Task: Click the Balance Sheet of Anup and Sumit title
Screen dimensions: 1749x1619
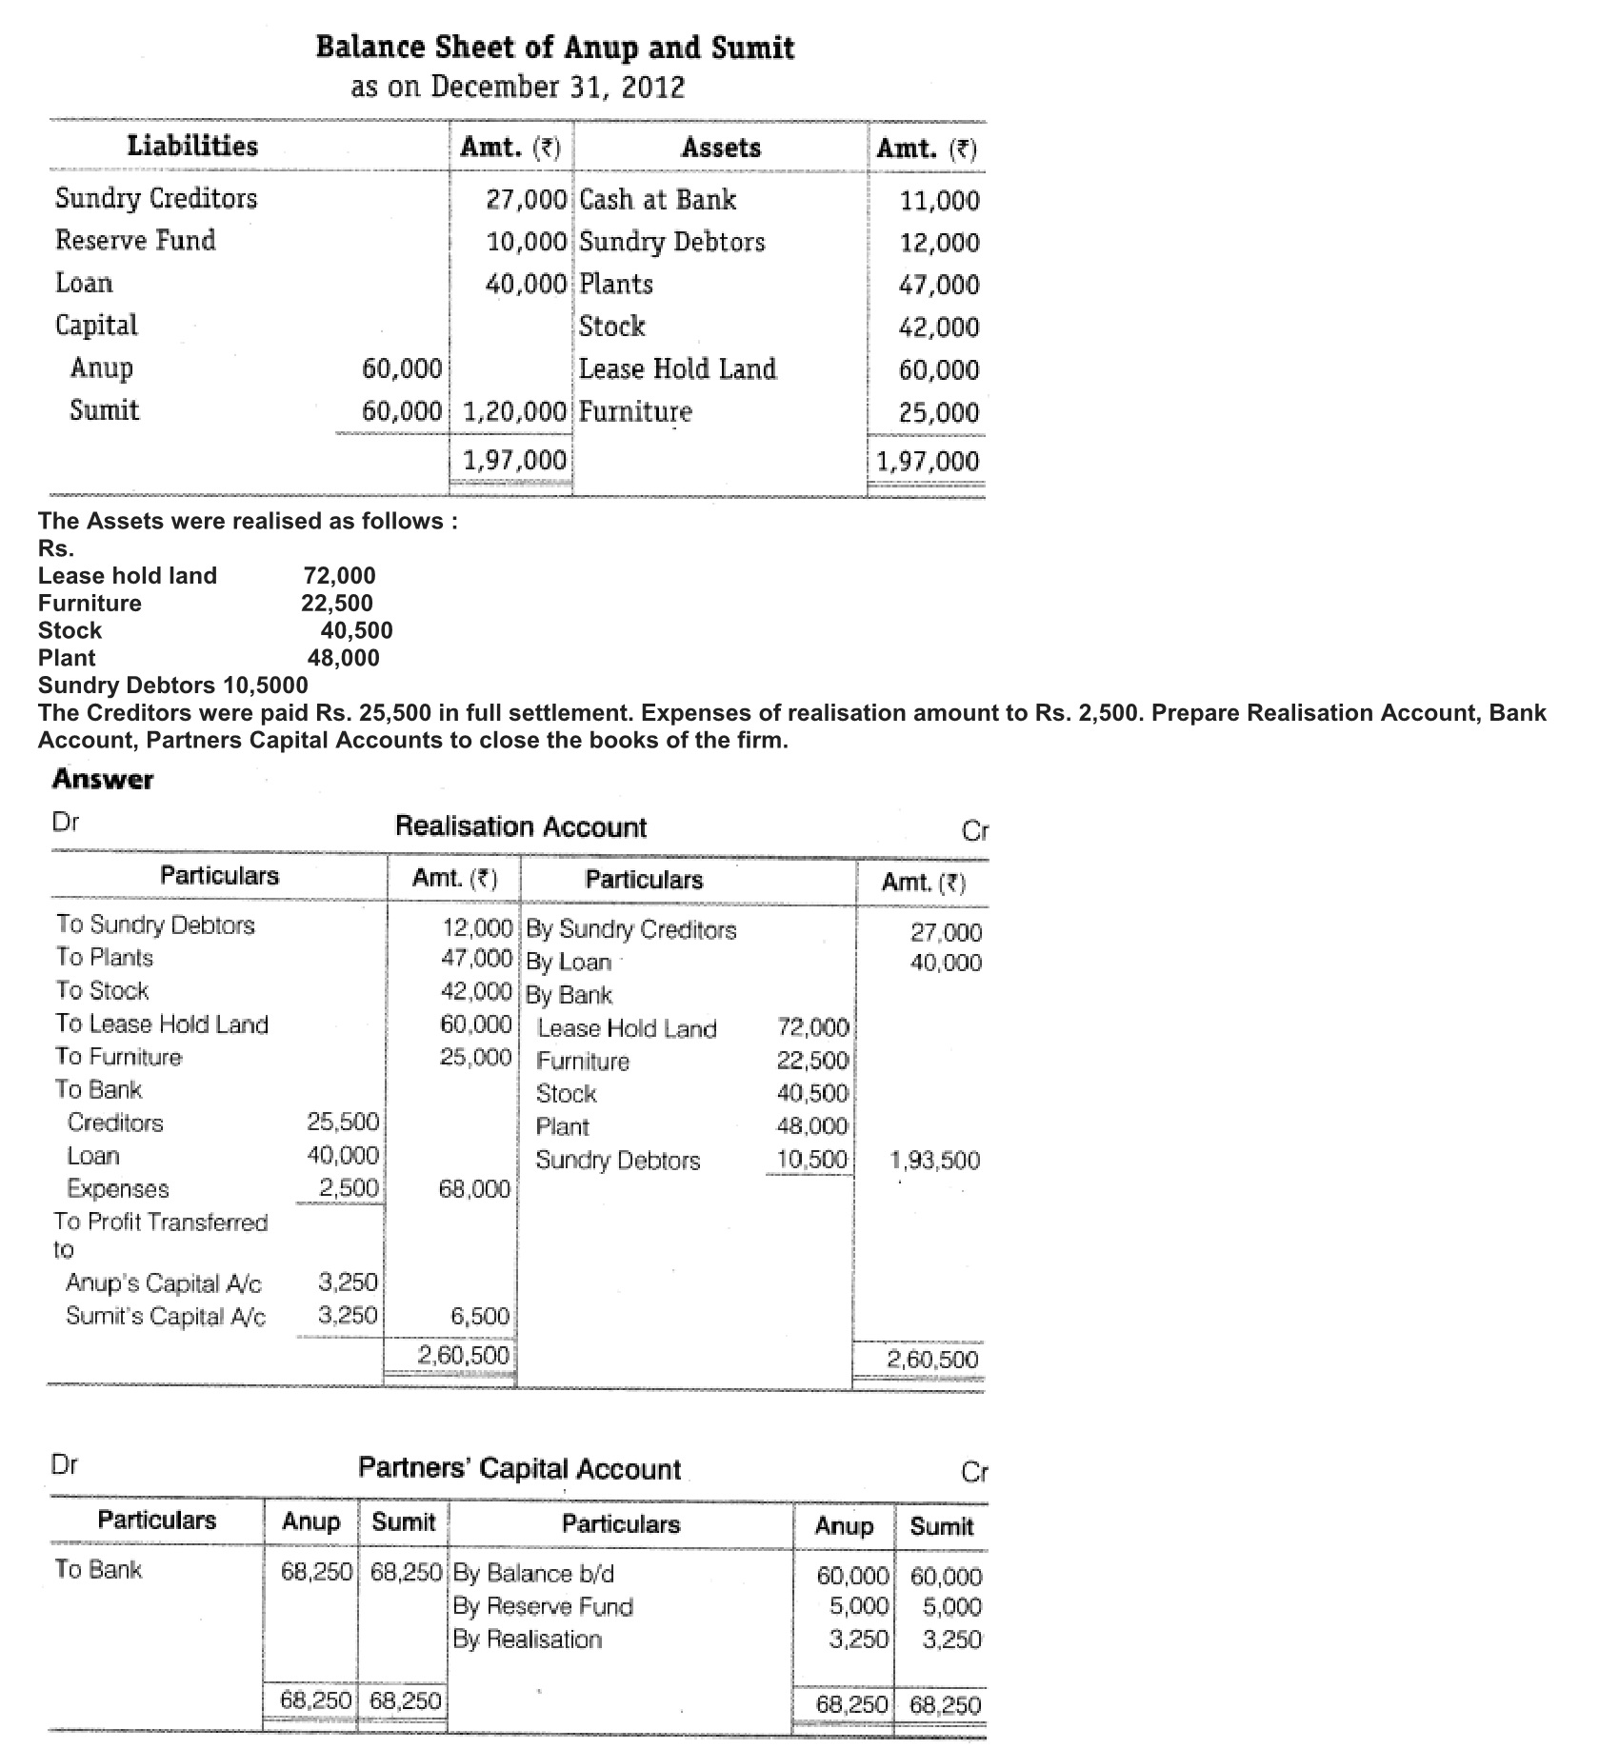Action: click(x=554, y=48)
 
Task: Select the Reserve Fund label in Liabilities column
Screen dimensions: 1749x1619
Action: click(x=135, y=240)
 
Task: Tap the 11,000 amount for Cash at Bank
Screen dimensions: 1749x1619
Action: click(x=939, y=201)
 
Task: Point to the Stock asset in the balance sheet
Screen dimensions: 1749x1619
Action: click(x=612, y=327)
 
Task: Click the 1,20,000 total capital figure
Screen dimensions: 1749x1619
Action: click(x=514, y=412)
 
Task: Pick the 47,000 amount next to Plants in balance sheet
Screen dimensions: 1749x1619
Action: click(x=939, y=285)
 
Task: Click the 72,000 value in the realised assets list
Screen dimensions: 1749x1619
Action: click(x=339, y=576)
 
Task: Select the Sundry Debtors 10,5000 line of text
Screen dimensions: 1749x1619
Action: click(x=172, y=686)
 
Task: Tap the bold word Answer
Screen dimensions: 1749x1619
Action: click(x=103, y=779)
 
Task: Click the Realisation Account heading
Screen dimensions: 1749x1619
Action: click(x=520, y=826)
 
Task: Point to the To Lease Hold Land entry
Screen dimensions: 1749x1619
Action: click(x=162, y=1024)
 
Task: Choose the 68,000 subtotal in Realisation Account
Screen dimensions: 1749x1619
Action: click(x=474, y=1189)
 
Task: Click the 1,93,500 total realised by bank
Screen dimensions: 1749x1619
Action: click(x=934, y=1161)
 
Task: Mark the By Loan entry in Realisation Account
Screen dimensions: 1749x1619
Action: click(x=569, y=963)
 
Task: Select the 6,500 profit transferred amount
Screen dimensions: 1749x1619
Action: click(x=480, y=1317)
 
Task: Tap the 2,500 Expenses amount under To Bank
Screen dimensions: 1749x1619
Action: click(x=349, y=1189)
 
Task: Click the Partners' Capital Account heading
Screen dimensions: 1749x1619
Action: click(x=519, y=1469)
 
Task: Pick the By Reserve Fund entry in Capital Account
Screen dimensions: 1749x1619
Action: click(x=543, y=1607)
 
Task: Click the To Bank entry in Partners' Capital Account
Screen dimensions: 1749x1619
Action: click(x=98, y=1570)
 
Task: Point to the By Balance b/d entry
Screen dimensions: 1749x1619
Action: click(x=533, y=1574)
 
